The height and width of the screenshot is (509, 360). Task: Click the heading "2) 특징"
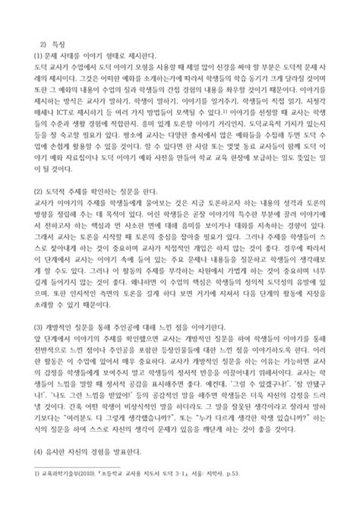pos(45,43)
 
